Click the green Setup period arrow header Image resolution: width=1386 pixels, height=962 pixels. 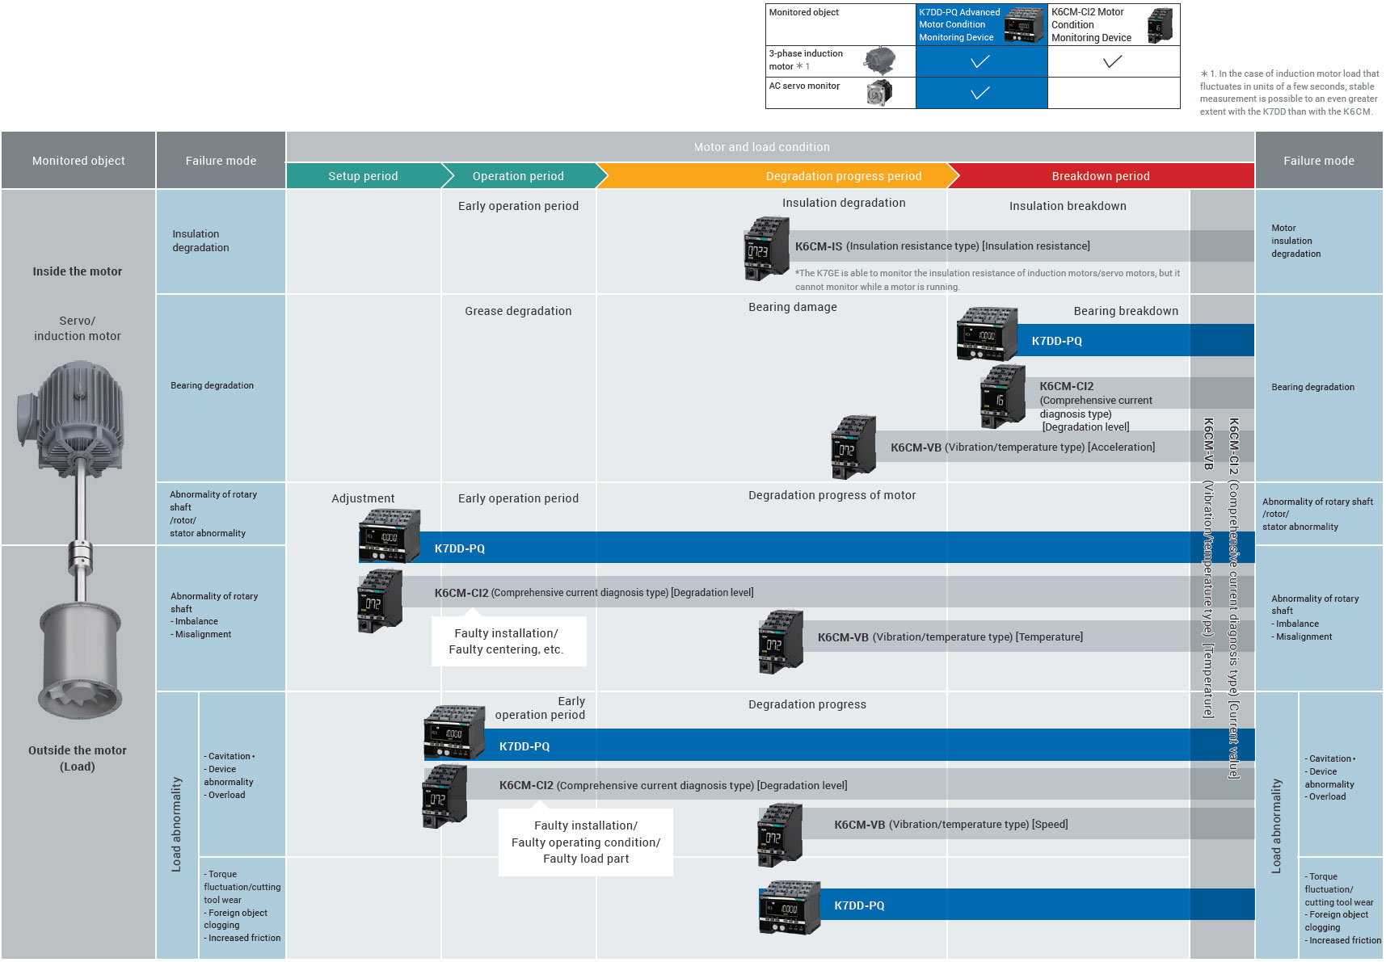tap(363, 176)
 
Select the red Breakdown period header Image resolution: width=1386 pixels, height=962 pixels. tap(1100, 176)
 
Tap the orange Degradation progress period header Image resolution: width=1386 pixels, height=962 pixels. tap(843, 176)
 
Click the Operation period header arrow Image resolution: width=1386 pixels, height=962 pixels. tap(518, 176)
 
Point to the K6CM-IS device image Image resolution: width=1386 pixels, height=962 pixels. tap(765, 249)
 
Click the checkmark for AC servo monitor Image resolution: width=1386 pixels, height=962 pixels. tap(980, 93)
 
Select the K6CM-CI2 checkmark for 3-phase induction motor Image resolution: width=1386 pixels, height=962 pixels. tap(1113, 61)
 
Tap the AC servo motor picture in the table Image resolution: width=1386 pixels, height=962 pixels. tap(879, 93)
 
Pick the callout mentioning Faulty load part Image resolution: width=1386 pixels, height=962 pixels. tap(586, 842)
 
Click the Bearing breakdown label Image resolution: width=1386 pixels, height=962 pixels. tap(1125, 311)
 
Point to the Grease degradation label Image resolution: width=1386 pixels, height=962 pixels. tap(518, 311)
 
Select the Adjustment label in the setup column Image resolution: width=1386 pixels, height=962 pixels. tap(363, 498)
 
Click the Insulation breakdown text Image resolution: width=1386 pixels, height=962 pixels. tap(1068, 206)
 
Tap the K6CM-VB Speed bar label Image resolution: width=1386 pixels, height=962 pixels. tap(950, 825)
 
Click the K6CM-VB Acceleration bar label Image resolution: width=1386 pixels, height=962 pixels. tap(1022, 447)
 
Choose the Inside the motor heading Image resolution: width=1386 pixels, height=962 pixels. tap(78, 271)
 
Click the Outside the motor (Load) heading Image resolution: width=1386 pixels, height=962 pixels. tap(78, 758)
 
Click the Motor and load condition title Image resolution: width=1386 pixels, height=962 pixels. tap(761, 147)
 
